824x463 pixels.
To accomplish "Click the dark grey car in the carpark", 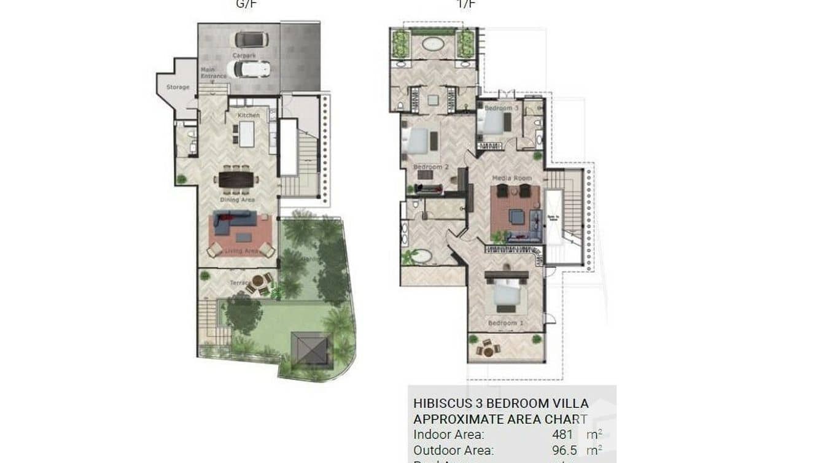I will [251, 39].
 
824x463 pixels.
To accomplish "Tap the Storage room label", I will [178, 87].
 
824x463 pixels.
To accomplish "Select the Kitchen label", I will [249, 115].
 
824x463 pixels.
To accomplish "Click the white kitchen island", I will [247, 134].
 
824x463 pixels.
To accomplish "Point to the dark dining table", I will [236, 179].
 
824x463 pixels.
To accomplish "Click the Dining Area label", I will [237, 200].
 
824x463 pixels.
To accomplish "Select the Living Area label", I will [241, 251].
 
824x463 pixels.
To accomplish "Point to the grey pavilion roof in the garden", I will [311, 349].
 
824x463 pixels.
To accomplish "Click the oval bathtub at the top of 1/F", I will [433, 45].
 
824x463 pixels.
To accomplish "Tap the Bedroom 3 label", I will [502, 108].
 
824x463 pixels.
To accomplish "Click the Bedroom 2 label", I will [431, 167].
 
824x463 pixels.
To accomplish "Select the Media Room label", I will [511, 178].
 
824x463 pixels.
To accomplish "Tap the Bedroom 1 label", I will [506, 323].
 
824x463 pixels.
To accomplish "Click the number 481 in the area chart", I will [562, 435].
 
